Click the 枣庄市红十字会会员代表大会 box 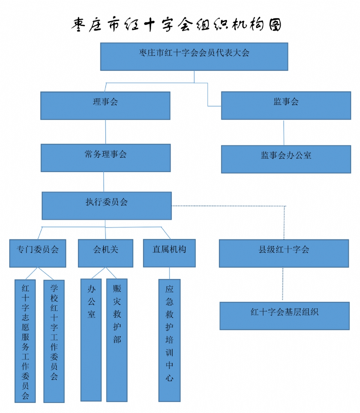click(194, 57)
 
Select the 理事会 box click(105, 106)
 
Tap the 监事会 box click(286, 105)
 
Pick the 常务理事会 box click(106, 158)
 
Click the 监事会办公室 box click(286, 159)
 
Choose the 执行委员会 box click(107, 206)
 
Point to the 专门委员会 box click(38, 253)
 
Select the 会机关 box click(106, 253)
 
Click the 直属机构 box click(169, 253)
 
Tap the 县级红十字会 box click(284, 253)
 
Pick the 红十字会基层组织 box click(285, 316)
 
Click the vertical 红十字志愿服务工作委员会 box click(25, 341)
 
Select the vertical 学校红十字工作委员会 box click(54, 341)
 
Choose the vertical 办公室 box click(91, 340)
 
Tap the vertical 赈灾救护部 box click(117, 340)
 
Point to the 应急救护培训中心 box click(169, 340)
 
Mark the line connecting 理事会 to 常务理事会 click(106, 132)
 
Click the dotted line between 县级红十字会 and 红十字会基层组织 click(283, 285)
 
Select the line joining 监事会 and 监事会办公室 click(284, 133)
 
